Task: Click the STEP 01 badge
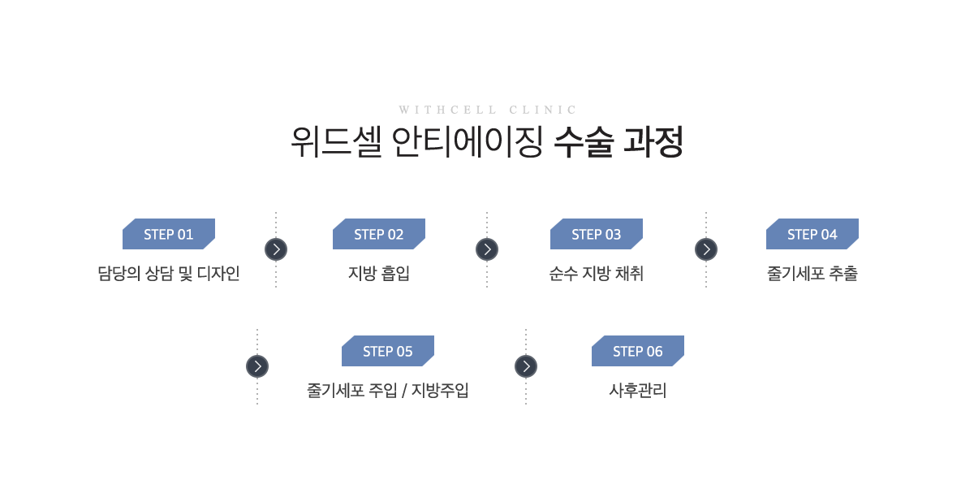pos(169,234)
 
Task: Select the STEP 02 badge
pos(379,234)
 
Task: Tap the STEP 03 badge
pos(596,234)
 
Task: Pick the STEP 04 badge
pos(812,234)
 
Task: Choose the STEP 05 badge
pos(388,351)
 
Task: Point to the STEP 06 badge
pos(638,351)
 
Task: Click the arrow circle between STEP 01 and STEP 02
pos(276,249)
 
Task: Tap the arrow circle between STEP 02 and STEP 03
pos(487,249)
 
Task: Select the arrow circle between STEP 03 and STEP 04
pos(706,249)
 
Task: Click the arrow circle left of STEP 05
pos(257,366)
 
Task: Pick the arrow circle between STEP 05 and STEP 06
pos(526,366)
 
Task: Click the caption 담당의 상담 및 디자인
pos(169,274)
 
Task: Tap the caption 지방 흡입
pos(379,274)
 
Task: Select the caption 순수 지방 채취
pos(596,274)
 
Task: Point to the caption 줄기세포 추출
pos(812,274)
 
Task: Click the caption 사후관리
pos(638,390)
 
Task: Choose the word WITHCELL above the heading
pos(447,110)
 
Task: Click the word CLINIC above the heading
pos(543,110)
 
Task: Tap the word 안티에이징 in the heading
pos(468,142)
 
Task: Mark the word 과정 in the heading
pos(653,142)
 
